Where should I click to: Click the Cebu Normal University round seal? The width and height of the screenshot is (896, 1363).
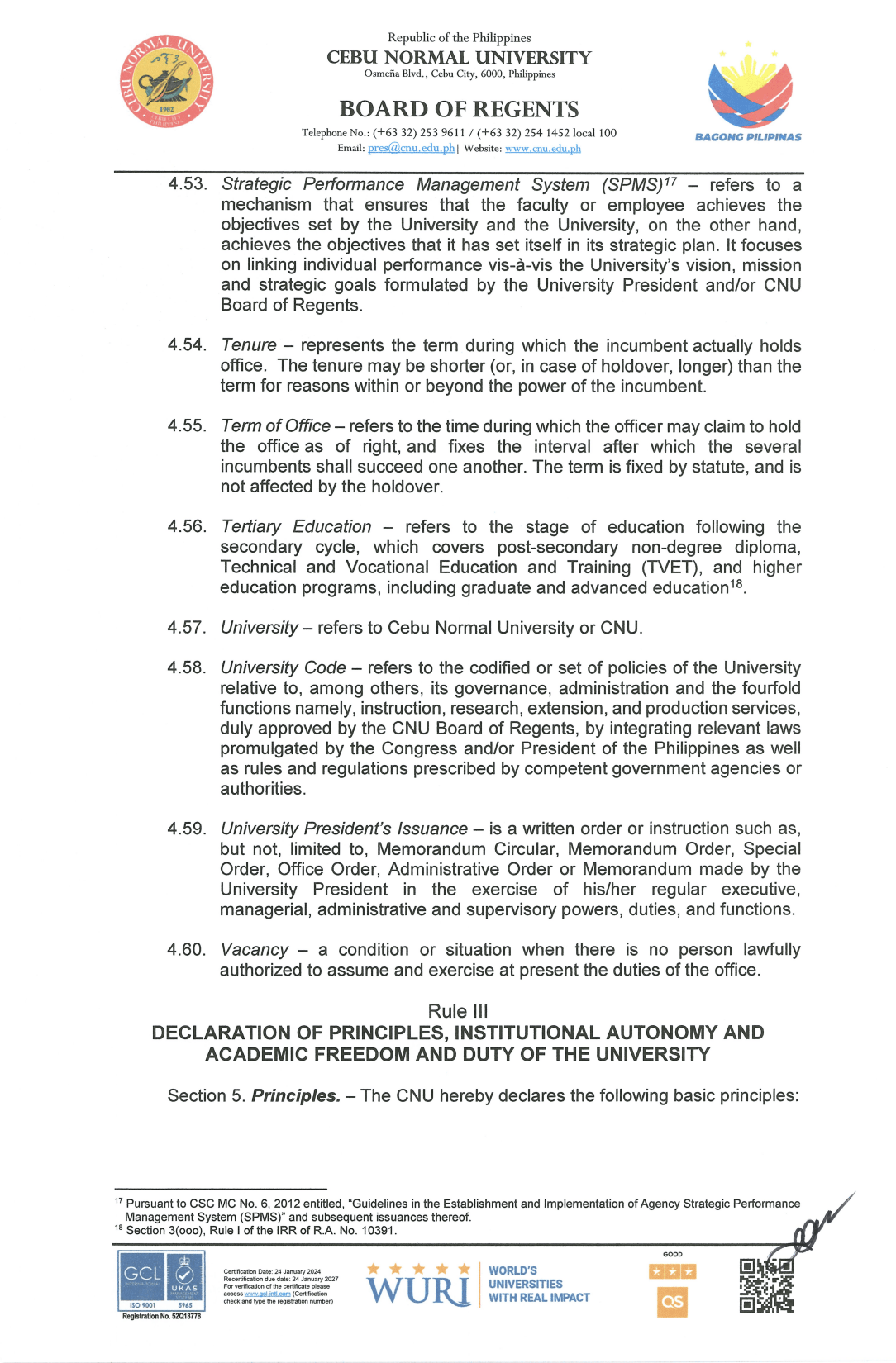click(166, 81)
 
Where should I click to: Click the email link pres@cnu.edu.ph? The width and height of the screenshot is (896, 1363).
click(411, 148)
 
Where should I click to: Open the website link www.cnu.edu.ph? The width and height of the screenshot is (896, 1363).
click(542, 149)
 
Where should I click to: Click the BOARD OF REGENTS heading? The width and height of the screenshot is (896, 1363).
click(459, 109)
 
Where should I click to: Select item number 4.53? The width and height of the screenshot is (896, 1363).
click(187, 183)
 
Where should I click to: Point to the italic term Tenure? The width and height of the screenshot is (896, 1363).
click(249, 345)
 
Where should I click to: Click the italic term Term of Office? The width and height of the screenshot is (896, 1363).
click(276, 426)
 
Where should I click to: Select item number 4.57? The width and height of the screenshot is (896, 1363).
click(186, 628)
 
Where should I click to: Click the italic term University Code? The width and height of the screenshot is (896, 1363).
click(283, 668)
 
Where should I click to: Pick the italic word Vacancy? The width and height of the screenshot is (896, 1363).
click(255, 950)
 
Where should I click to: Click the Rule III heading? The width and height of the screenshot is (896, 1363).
click(458, 1011)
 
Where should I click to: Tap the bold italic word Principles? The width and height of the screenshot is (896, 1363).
click(295, 1096)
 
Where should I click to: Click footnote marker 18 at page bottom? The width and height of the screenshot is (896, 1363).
click(118, 1228)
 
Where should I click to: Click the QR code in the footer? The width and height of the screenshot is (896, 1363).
click(766, 1285)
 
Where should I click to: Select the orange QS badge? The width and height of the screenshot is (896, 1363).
click(672, 1302)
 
